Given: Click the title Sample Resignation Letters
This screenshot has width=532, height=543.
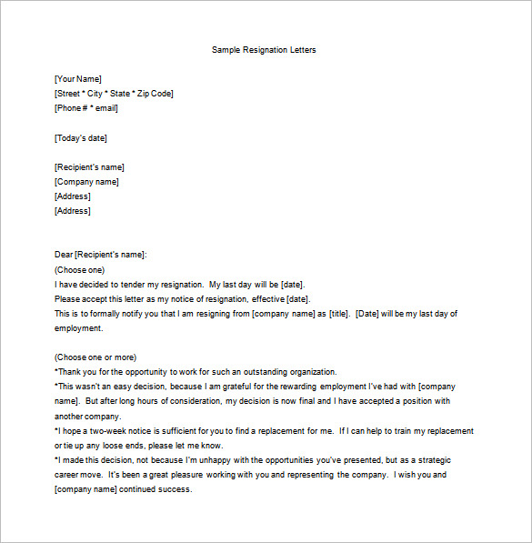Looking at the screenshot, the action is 264,49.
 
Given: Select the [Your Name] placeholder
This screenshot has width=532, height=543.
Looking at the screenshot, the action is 78,79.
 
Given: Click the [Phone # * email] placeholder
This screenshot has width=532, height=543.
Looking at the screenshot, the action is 86,108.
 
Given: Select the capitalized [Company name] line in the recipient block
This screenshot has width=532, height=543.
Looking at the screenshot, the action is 86,182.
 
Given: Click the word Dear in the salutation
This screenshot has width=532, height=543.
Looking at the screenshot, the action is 64,255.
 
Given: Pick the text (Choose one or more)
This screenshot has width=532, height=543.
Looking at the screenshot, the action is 95,357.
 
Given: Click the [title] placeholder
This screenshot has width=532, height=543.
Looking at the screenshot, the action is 338,314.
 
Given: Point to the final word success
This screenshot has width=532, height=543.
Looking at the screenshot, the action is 174,489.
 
